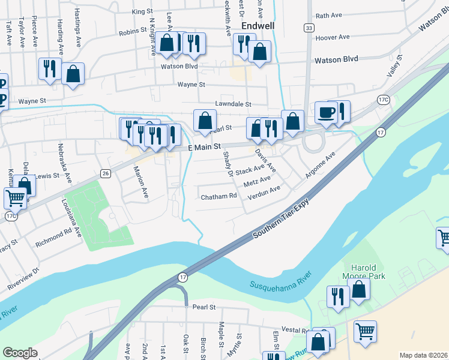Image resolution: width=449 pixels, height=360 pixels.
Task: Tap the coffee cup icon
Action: pyautogui.click(x=326, y=112)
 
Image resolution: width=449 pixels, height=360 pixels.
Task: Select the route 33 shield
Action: pyautogui.click(x=309, y=28)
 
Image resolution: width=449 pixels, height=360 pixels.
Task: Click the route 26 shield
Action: pyautogui.click(x=106, y=173)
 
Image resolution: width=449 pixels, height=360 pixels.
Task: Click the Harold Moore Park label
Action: pyautogui.click(x=364, y=272)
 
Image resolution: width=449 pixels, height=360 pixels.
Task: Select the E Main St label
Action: pyautogui.click(x=205, y=146)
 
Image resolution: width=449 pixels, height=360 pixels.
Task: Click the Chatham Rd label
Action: pyautogui.click(x=218, y=197)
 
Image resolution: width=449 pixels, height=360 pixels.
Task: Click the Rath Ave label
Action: pyautogui.click(x=328, y=16)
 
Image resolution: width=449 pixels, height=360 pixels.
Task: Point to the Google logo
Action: pyautogui.click(x=20, y=353)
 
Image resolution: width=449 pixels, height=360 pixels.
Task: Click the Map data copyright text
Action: pyautogui.click(x=423, y=355)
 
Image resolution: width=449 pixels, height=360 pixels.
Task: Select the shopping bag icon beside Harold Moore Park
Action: pyautogui.click(x=359, y=290)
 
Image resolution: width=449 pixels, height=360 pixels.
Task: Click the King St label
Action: pyautogui.click(x=142, y=11)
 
